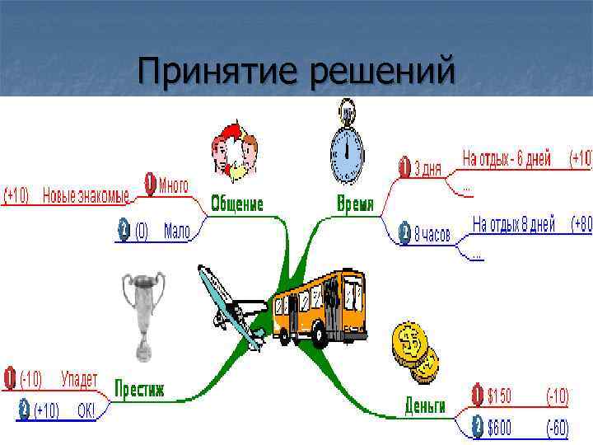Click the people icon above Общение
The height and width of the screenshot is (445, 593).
pos(235,153)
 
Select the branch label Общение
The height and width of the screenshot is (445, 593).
pos(237,204)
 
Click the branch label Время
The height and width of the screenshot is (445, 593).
pos(356,204)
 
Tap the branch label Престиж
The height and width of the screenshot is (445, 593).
pos(140,388)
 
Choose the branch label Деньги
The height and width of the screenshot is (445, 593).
pos(425,405)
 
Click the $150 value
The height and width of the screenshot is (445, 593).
pos(499,397)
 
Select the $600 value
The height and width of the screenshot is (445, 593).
pos(499,426)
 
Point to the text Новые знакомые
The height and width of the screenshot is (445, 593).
pos(86,196)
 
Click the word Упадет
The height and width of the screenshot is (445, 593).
pos(79,380)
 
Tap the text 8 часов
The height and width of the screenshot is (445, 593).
pos(432,235)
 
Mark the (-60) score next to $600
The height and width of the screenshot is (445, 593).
pos(558,426)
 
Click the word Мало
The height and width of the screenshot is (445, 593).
pos(176,232)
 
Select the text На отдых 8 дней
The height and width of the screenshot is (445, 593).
pos(514,224)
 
